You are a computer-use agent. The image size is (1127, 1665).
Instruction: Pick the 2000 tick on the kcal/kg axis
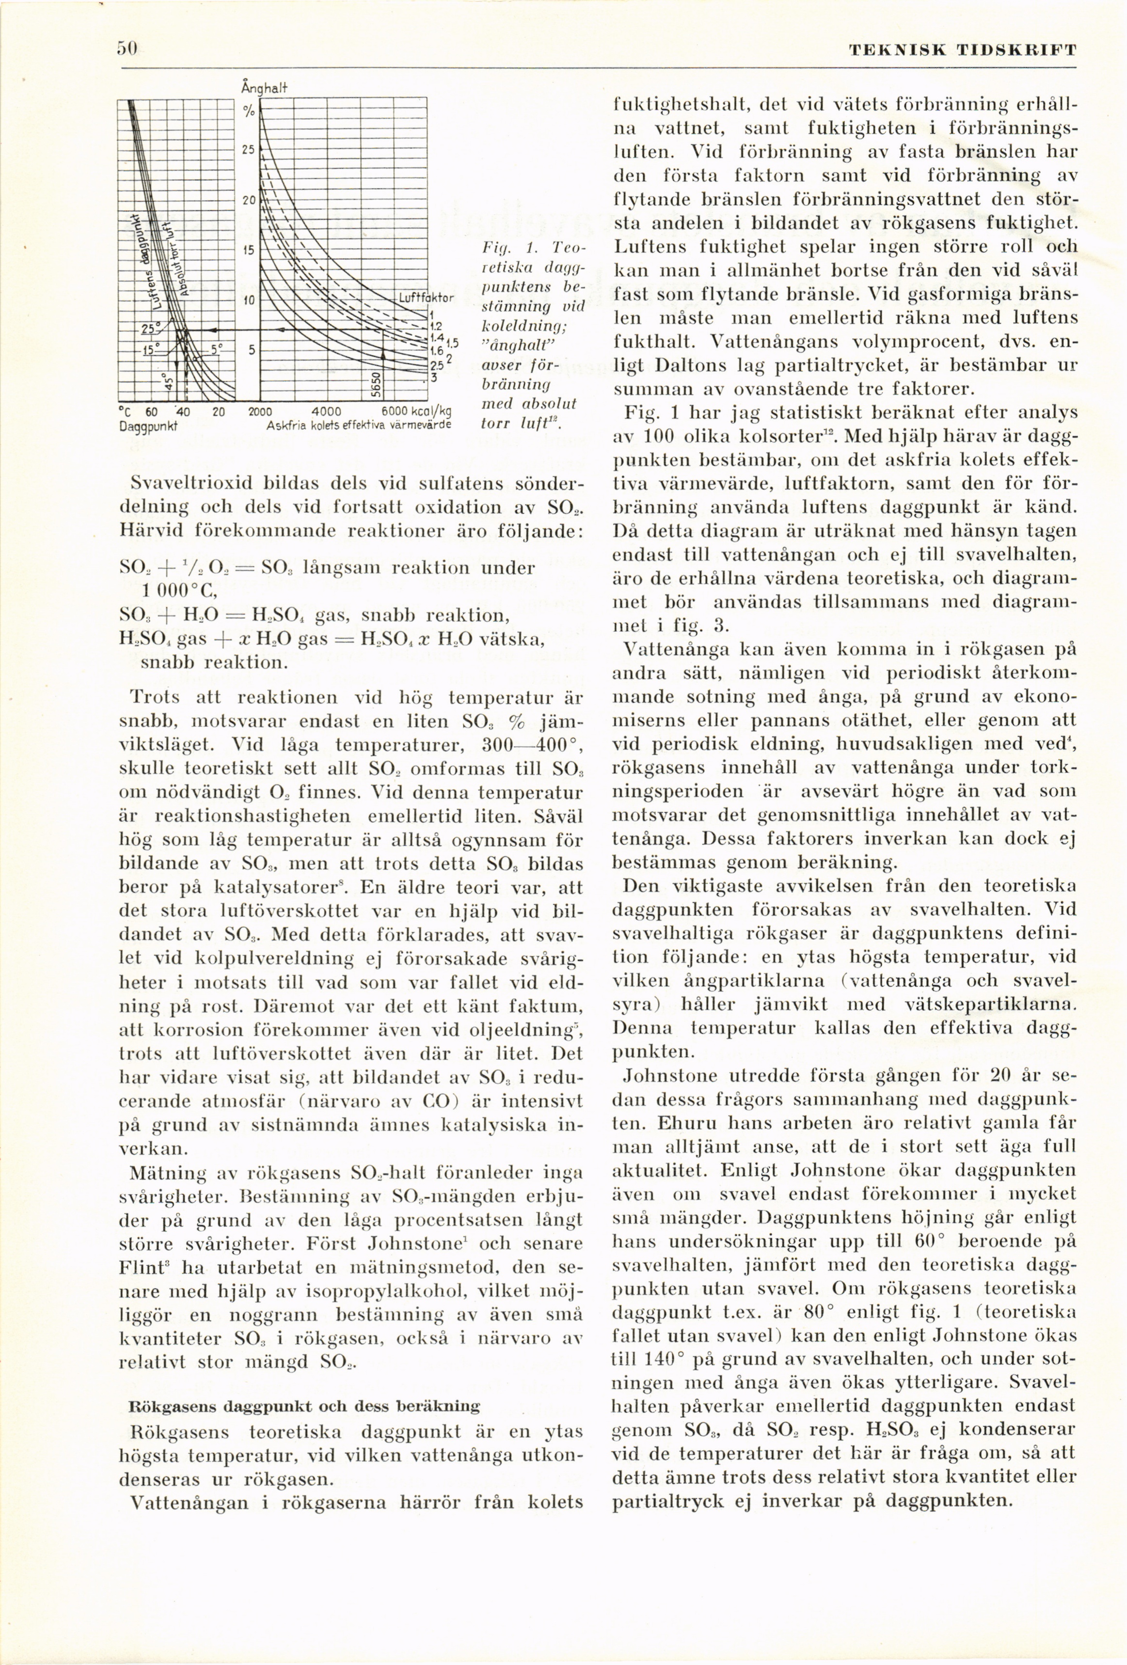(259, 412)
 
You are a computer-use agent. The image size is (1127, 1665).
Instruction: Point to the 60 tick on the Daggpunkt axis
(151, 412)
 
